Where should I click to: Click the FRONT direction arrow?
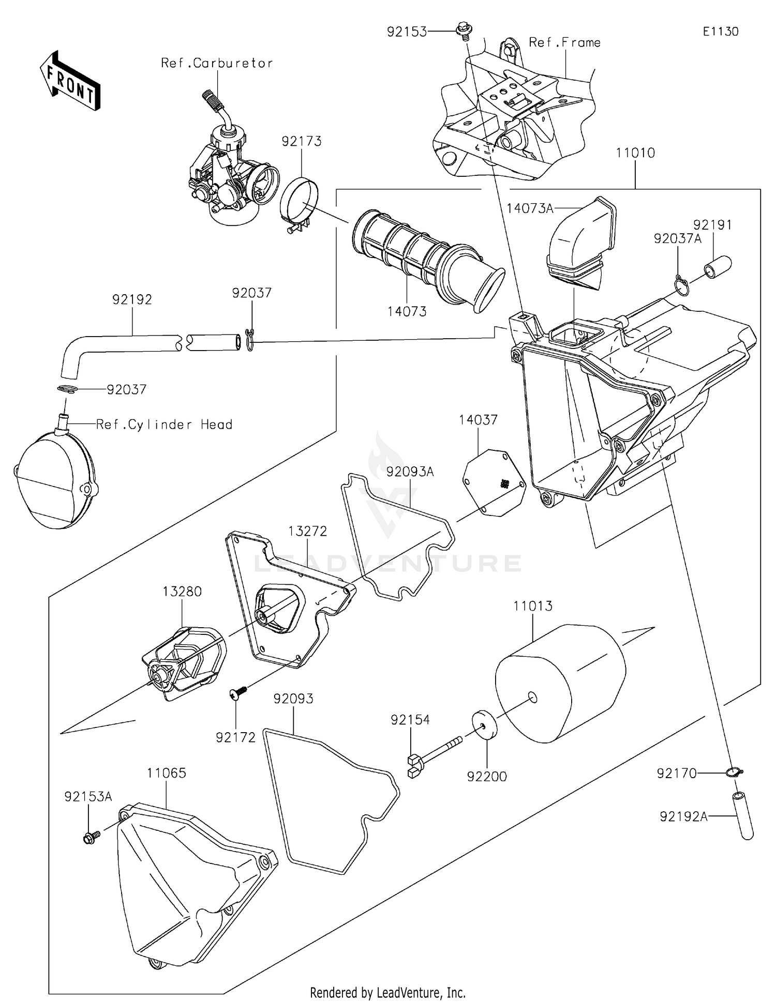click(69, 82)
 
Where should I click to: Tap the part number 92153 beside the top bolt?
click(407, 32)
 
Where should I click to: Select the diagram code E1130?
click(720, 32)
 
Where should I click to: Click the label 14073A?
click(529, 208)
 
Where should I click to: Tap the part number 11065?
click(166, 773)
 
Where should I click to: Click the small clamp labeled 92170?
click(734, 773)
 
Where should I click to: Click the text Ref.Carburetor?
click(217, 63)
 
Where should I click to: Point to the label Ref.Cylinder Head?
click(164, 424)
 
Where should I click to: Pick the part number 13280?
click(182, 591)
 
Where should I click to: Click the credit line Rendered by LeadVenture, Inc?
click(387, 992)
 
